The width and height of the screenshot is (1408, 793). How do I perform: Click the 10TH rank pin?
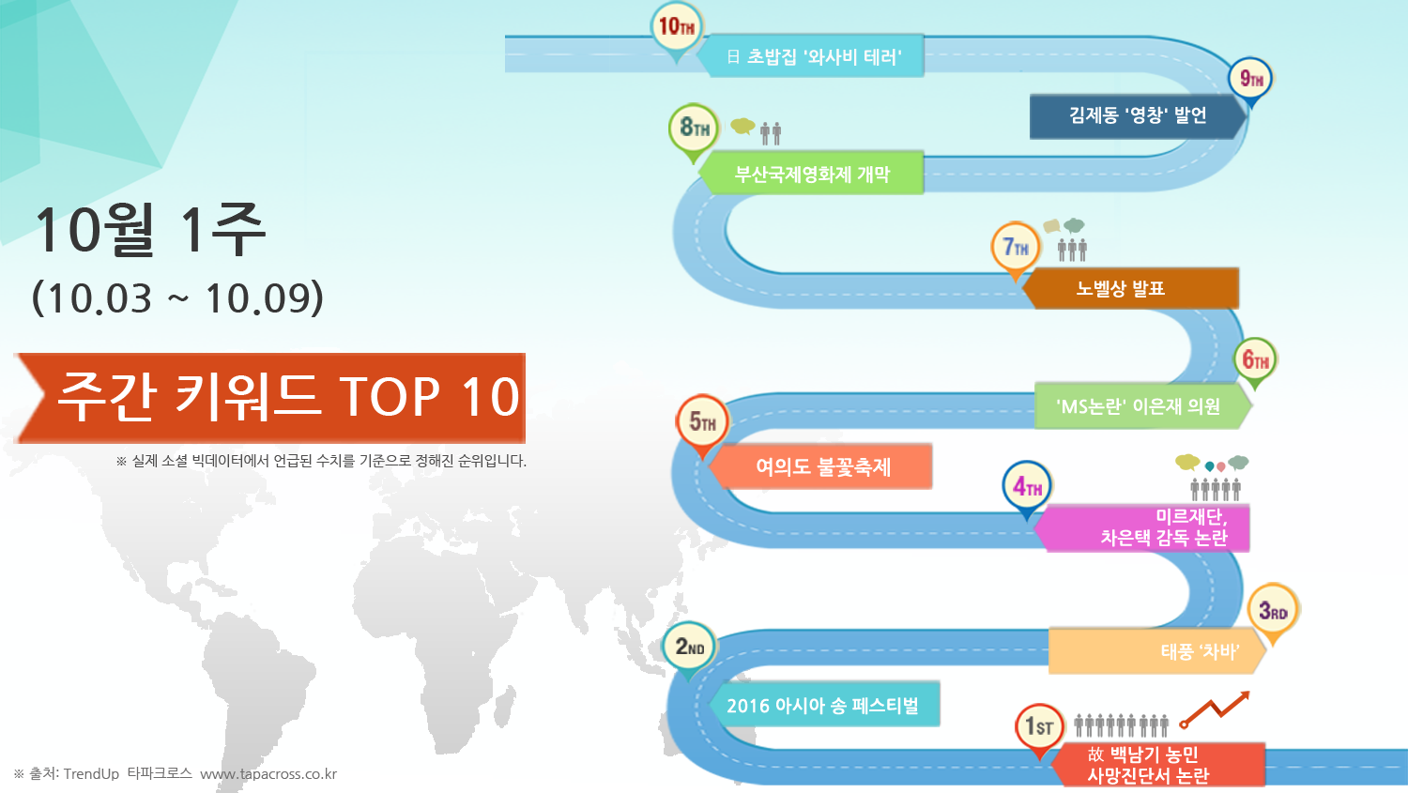[x=677, y=30]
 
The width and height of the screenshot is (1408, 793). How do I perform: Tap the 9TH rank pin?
[x=1251, y=82]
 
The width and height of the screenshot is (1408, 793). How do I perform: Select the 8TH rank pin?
[x=694, y=130]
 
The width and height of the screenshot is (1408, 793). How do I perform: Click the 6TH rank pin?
[x=1255, y=362]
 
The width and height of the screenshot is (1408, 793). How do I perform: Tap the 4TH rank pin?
[x=1027, y=489]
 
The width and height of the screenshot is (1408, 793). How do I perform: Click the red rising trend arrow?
[x=1215, y=709]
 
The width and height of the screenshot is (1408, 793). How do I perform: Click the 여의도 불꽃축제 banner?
[x=820, y=466]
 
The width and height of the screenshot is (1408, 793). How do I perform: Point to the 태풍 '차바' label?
[x=1200, y=651]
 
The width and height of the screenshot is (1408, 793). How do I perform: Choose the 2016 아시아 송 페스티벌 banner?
[x=824, y=705]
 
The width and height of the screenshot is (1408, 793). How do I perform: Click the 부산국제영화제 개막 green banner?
[x=810, y=173]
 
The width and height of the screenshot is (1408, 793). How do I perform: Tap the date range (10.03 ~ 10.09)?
[x=178, y=297]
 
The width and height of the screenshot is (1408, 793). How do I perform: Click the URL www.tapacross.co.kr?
[x=268, y=774]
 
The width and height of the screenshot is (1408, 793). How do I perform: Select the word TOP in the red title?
[x=390, y=396]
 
